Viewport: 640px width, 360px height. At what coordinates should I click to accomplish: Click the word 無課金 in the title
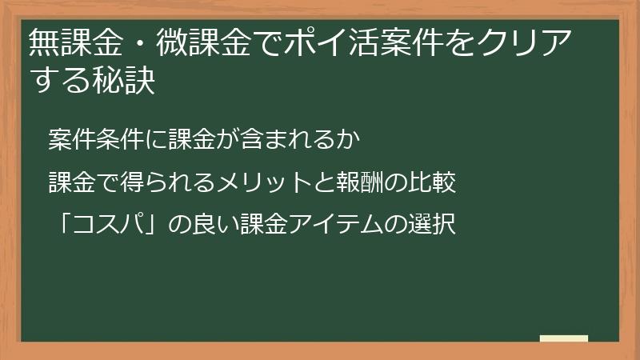point(70,42)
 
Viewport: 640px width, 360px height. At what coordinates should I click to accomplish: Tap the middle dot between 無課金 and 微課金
point(134,42)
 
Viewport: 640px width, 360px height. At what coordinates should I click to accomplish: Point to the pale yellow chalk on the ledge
point(563,338)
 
